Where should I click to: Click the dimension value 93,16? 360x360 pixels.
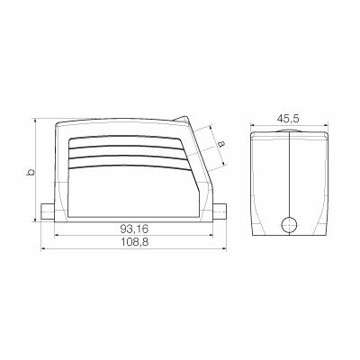tap(135, 229)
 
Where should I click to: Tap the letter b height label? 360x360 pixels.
tap(30, 172)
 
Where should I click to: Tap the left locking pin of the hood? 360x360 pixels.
tap(49, 215)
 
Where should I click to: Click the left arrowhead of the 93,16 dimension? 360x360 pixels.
tap(58, 237)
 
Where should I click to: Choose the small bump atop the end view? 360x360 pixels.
tap(288, 130)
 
